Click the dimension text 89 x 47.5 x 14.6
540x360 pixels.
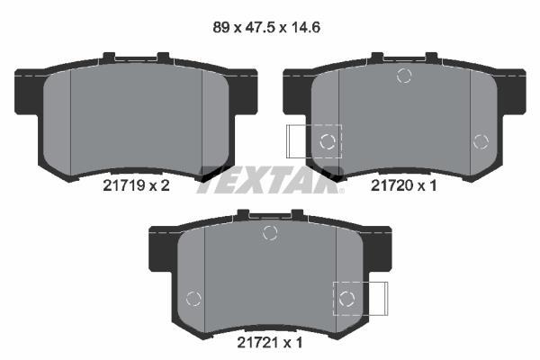point(266,28)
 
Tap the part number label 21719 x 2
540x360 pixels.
point(137,186)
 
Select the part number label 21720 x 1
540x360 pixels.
point(403,186)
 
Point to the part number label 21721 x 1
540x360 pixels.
point(270,343)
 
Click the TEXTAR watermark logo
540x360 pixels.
point(270,180)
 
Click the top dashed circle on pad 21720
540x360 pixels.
point(404,76)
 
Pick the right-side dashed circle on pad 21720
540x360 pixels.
point(481,141)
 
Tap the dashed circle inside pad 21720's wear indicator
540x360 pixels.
point(328,141)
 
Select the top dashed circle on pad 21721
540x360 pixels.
point(270,233)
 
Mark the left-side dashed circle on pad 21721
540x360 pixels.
point(193,298)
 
